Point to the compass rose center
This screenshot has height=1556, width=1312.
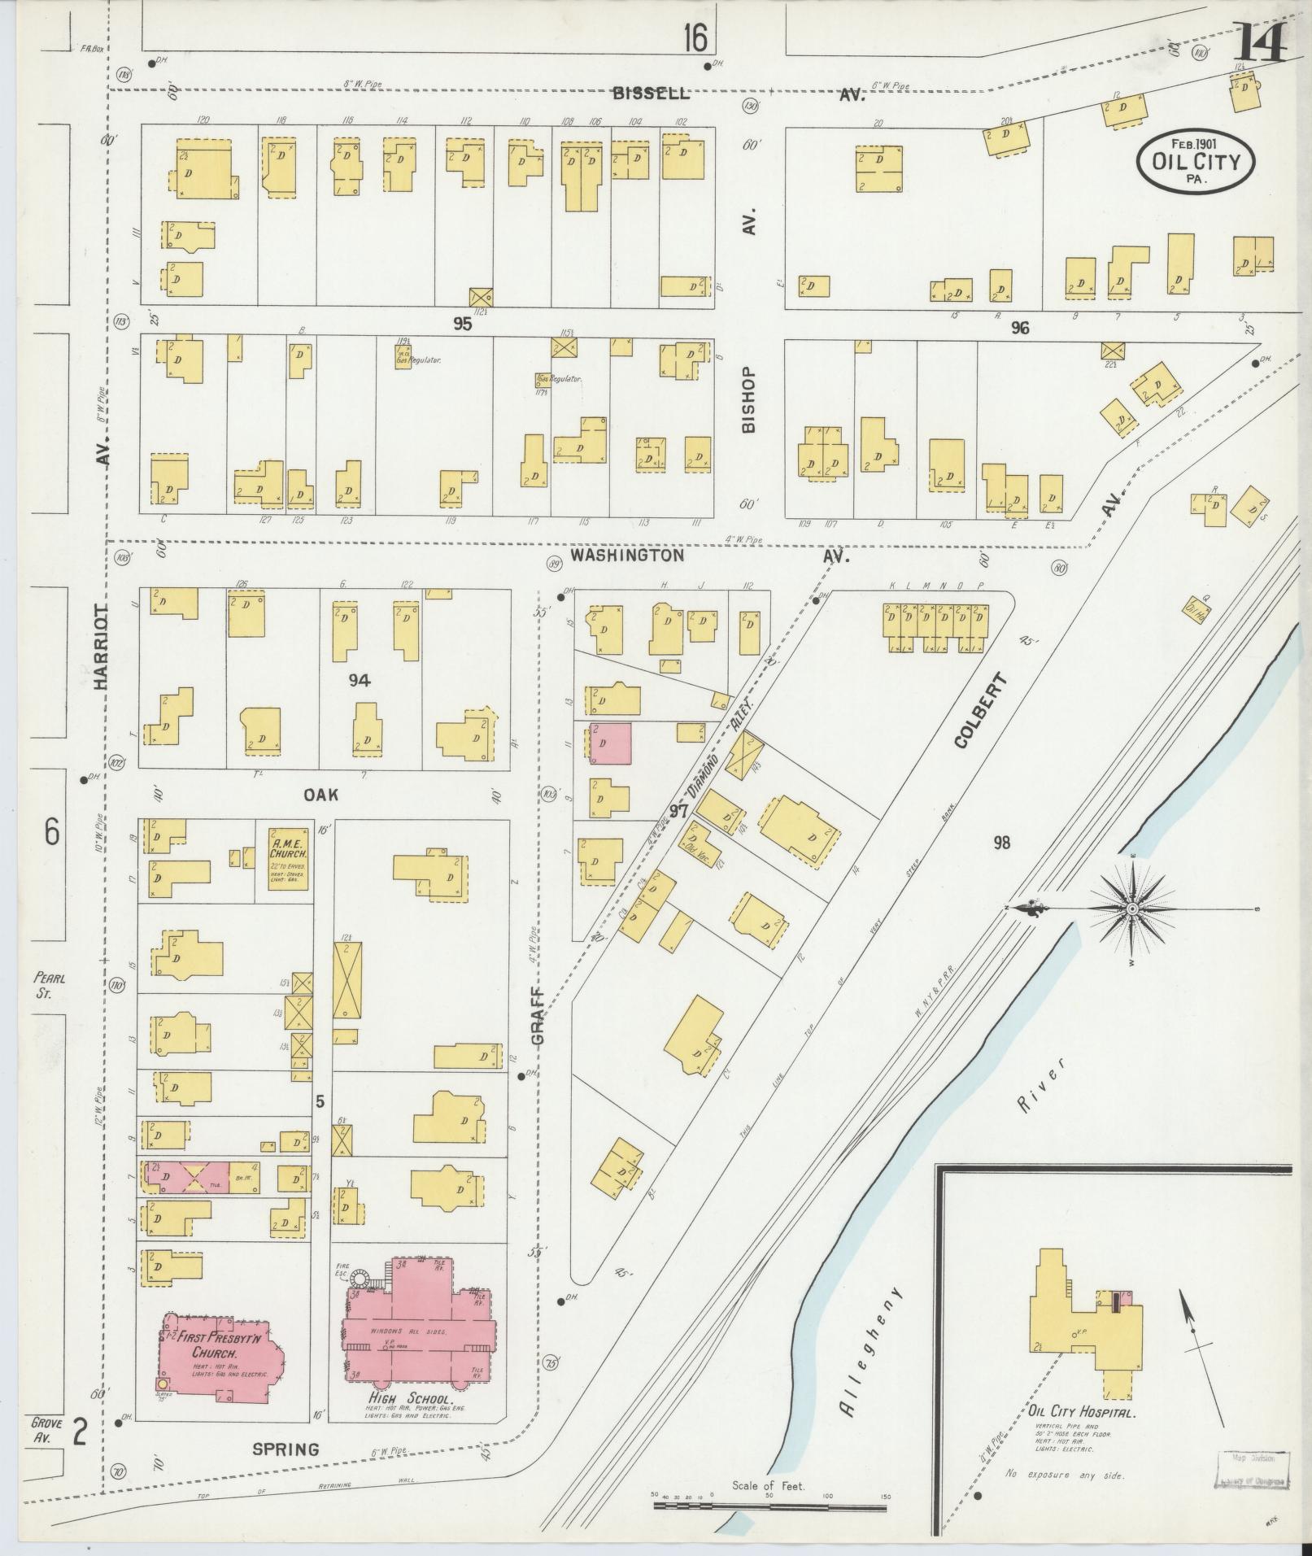click(1131, 909)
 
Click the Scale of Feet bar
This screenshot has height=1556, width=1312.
click(769, 1506)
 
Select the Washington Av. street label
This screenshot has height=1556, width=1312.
click(626, 556)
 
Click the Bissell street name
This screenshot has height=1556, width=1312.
click(651, 94)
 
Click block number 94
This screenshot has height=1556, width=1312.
click(360, 680)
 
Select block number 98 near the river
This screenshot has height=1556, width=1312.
click(1001, 843)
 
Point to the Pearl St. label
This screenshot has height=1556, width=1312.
click(50, 985)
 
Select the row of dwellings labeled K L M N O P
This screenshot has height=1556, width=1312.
click(935, 627)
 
